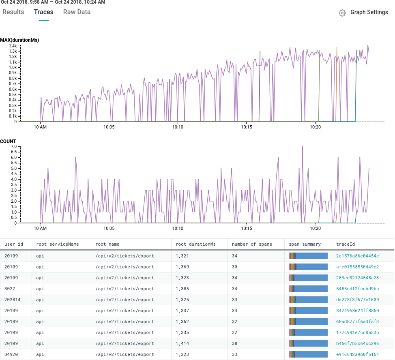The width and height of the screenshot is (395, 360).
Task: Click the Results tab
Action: pyautogui.click(x=13, y=12)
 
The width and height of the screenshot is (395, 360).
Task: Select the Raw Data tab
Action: pyautogui.click(x=77, y=12)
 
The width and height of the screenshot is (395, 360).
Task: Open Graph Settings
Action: pyautogui.click(x=369, y=13)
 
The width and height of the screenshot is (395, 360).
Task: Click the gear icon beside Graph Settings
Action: pyautogui.click(x=342, y=13)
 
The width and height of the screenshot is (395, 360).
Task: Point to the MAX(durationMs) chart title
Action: pyautogui.click(x=19, y=40)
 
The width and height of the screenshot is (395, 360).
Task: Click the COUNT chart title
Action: pyautogui.click(x=8, y=141)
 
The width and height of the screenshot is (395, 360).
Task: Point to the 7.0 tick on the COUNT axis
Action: pyautogui.click(x=13, y=146)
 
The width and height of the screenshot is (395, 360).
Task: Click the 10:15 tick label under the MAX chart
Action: pyautogui.click(x=247, y=127)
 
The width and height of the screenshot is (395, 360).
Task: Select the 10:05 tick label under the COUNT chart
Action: pyautogui.click(x=109, y=228)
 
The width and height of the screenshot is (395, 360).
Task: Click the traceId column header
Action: pyautogui.click(x=346, y=244)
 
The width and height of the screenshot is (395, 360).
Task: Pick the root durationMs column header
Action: pyautogui.click(x=195, y=244)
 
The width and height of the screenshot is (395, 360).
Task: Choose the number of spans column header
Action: pyautogui.click(x=252, y=244)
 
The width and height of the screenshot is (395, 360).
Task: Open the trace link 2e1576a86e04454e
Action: pyautogui.click(x=357, y=256)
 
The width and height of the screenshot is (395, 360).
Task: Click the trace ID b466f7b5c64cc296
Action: pyautogui.click(x=357, y=343)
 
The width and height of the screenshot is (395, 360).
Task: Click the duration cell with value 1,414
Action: pyautogui.click(x=182, y=343)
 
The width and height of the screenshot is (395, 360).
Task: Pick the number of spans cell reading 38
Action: pyautogui.click(x=234, y=343)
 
